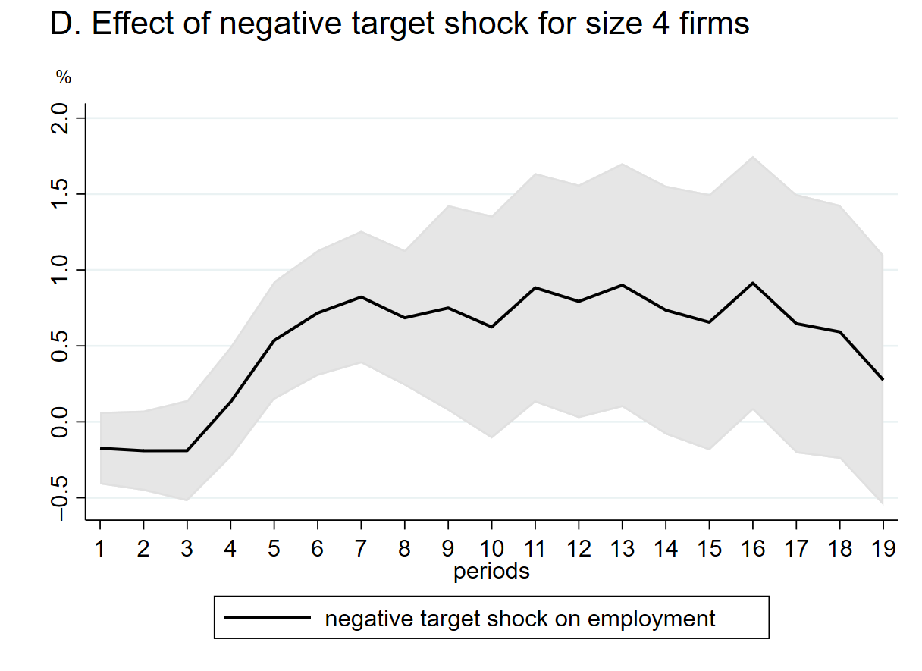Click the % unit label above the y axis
63,77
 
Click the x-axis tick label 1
99,548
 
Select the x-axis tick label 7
361,548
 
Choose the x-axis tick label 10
491,548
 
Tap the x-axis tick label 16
752,548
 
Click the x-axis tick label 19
883,548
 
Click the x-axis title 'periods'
491,571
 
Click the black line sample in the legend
267,618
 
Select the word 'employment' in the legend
651,619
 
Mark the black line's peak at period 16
752,283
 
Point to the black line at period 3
187,450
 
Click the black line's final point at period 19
883,379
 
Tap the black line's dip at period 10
491,327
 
